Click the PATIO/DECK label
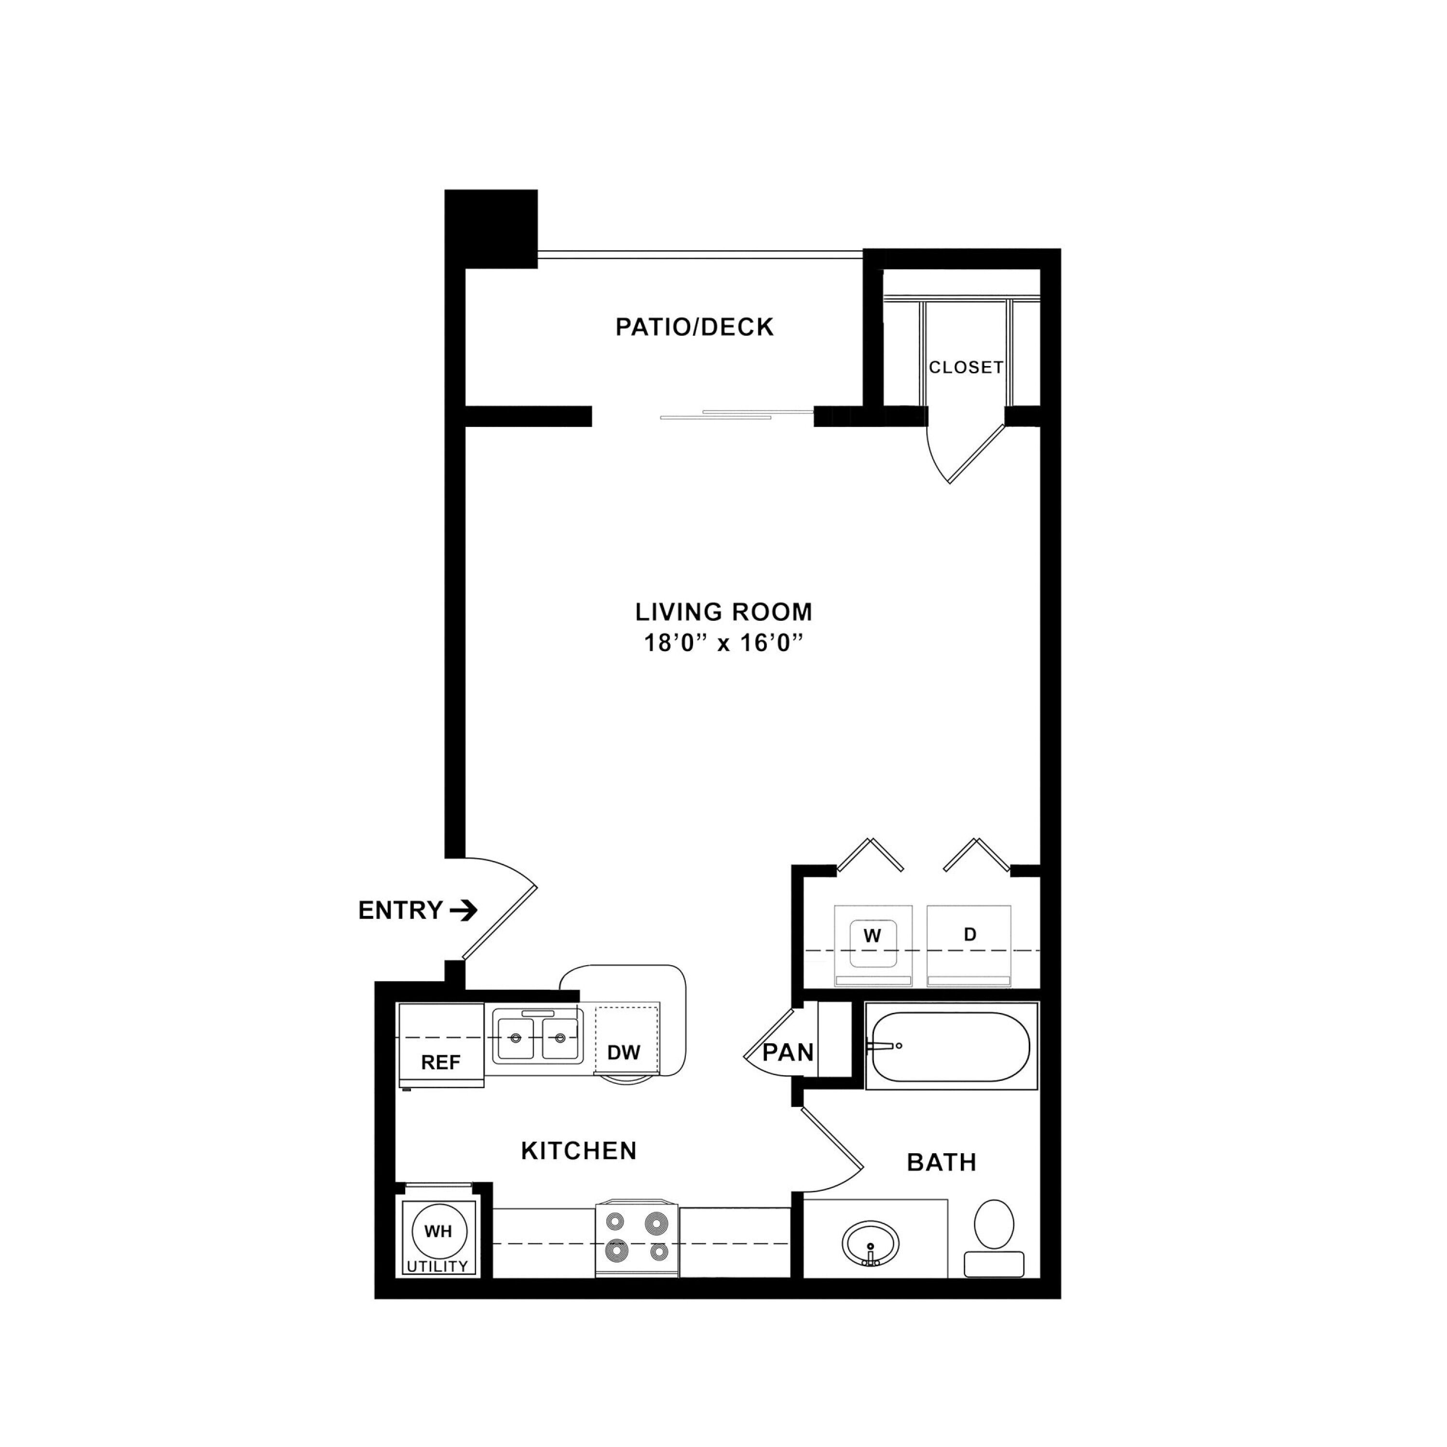click(x=694, y=328)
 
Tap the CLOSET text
click(x=966, y=367)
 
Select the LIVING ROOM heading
click(x=723, y=612)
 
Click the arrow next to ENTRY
click(x=464, y=910)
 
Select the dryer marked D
click(x=969, y=945)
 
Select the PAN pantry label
click(x=788, y=1052)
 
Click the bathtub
click(x=951, y=1046)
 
